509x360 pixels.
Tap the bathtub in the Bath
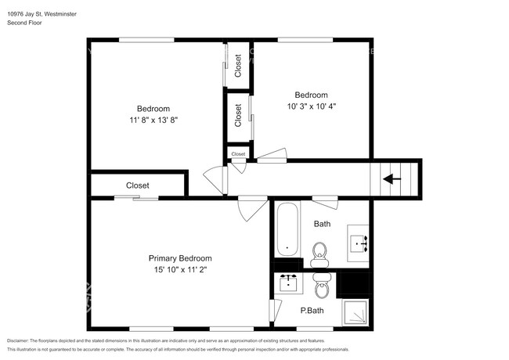288,229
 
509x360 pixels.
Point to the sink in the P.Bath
289,283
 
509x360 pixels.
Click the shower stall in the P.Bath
356,311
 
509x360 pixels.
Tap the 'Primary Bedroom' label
180,258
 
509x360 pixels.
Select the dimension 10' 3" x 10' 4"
310,106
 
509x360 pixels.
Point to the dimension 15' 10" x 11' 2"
180,269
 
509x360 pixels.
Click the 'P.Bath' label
312,311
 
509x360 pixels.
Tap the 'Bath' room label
322,224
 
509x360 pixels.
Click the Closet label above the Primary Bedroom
138,185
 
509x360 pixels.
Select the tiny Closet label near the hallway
238,154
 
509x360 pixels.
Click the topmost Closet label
238,69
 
